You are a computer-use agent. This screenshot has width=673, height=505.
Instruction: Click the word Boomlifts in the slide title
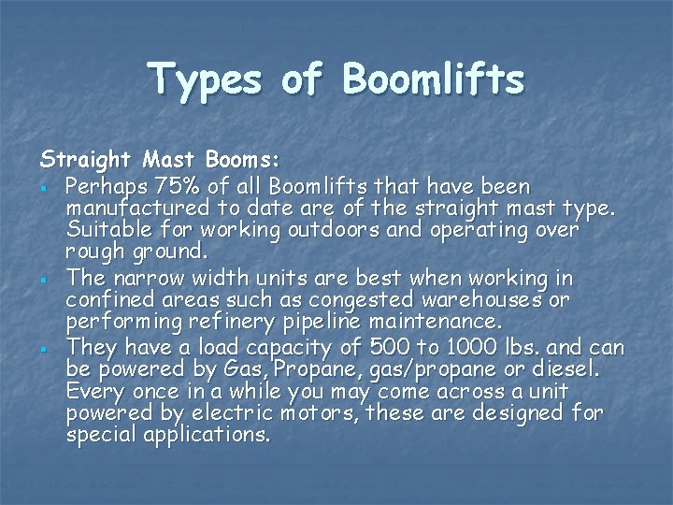pos(435,81)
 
